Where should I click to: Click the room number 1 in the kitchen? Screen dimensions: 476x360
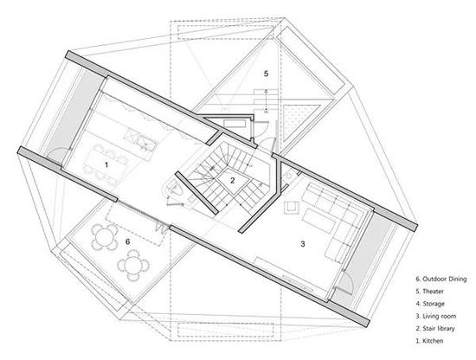(106, 164)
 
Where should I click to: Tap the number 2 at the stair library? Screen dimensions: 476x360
(233, 180)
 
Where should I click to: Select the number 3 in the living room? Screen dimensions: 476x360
(302, 244)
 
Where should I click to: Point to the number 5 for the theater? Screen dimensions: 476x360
(266, 74)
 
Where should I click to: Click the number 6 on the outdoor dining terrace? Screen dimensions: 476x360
(127, 241)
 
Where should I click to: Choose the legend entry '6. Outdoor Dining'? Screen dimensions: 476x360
(441, 279)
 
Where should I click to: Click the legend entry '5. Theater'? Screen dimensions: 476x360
(429, 291)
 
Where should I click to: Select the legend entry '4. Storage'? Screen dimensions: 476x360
(430, 304)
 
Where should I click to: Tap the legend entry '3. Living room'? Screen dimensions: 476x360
(436, 316)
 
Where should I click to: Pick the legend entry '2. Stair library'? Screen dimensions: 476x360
(435, 329)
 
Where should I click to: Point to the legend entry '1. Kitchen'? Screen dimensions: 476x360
(429, 341)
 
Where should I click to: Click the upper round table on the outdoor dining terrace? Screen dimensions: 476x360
(104, 237)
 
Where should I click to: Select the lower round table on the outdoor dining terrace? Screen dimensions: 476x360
(133, 266)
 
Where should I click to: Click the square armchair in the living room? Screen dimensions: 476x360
(292, 208)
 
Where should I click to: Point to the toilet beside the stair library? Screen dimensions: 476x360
(174, 189)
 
